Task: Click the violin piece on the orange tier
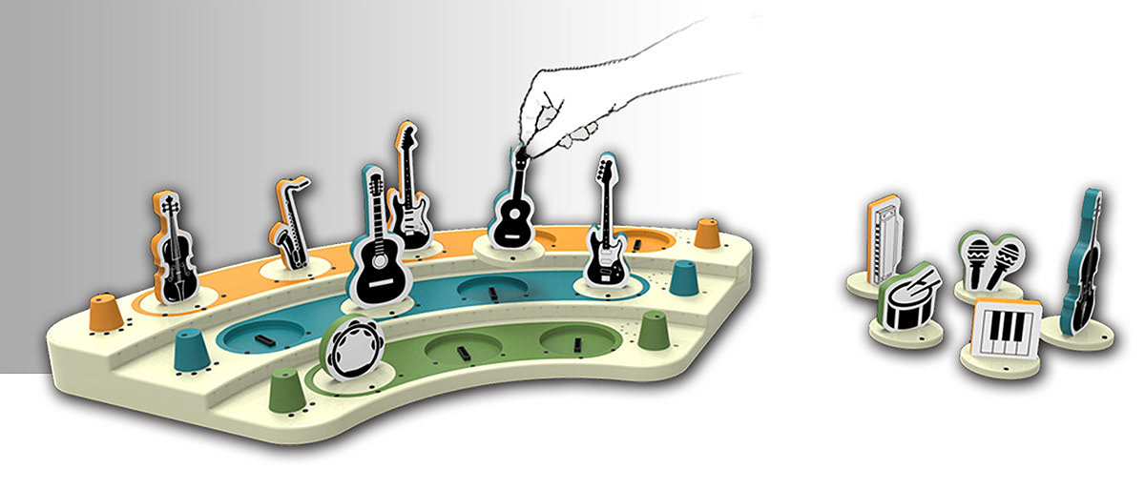tap(171, 248)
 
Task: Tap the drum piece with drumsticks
tap(906, 298)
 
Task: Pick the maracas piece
tap(992, 262)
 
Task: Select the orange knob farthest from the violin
tap(706, 232)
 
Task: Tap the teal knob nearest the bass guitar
tap(682, 277)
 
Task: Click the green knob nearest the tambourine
tap(285, 391)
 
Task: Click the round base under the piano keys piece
tap(997, 365)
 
